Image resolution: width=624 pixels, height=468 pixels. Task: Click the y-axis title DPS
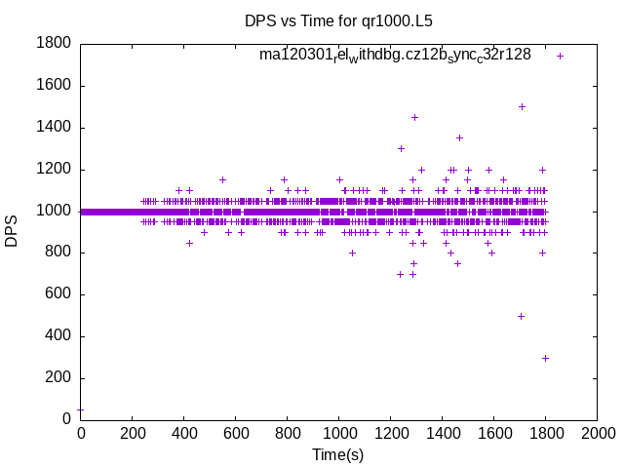[x=12, y=231]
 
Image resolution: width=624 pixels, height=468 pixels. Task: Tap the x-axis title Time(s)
[x=337, y=454]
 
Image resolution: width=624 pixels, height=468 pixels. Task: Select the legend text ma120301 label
[x=395, y=56]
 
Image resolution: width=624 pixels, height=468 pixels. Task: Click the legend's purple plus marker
[x=560, y=56]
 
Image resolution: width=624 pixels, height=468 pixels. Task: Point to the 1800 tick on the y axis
[x=54, y=43]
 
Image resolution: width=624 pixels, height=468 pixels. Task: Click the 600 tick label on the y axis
[x=58, y=294]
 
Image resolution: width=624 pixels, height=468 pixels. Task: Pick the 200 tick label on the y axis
[x=58, y=378]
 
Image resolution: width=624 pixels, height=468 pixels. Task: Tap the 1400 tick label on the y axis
[x=54, y=127]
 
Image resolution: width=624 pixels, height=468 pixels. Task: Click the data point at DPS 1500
[x=522, y=106]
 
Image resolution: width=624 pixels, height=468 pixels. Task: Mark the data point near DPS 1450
[x=414, y=117]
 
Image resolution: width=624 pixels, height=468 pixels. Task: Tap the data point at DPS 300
[x=545, y=358]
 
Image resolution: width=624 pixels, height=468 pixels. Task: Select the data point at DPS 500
[x=521, y=316]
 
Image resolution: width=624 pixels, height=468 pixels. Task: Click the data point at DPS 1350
[x=459, y=137]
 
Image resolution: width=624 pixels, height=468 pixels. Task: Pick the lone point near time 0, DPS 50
[x=80, y=409]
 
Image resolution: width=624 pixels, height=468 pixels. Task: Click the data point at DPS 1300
[x=401, y=148]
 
